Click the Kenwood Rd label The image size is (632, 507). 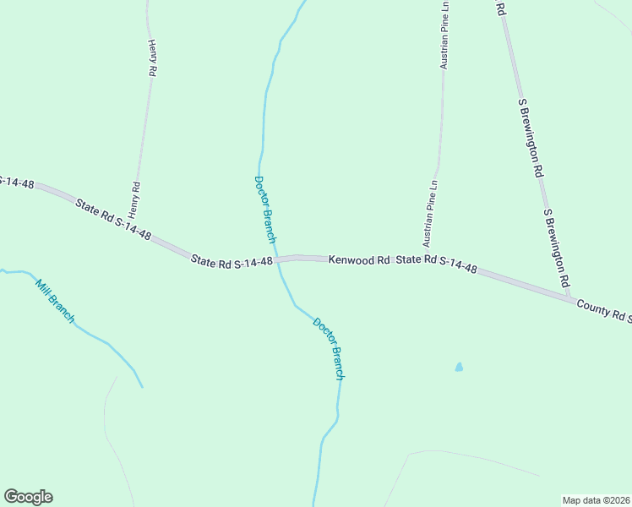point(359,260)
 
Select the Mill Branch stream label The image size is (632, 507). point(55,301)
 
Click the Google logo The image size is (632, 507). point(28,497)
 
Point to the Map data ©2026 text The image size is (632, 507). point(595,499)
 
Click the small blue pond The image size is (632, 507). point(459,368)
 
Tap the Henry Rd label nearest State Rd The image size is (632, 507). point(133,199)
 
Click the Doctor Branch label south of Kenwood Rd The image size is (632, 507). point(329,348)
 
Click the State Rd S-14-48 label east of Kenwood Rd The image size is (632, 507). point(437,264)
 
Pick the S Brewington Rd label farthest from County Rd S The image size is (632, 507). point(530,136)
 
